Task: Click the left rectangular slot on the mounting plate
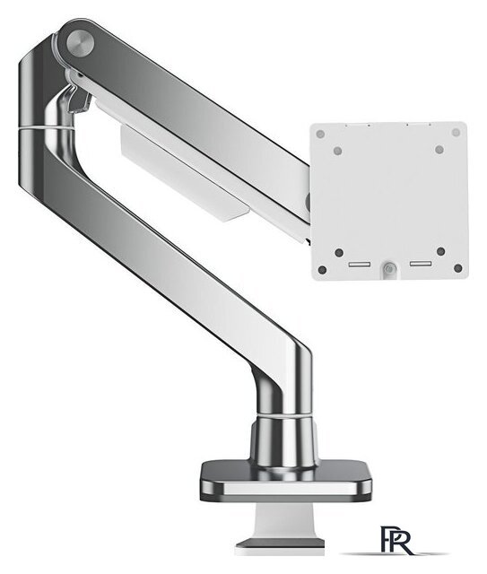pos(355,265)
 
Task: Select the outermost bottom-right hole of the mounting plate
pos(457,267)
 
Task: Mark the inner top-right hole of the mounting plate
pos(437,151)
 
